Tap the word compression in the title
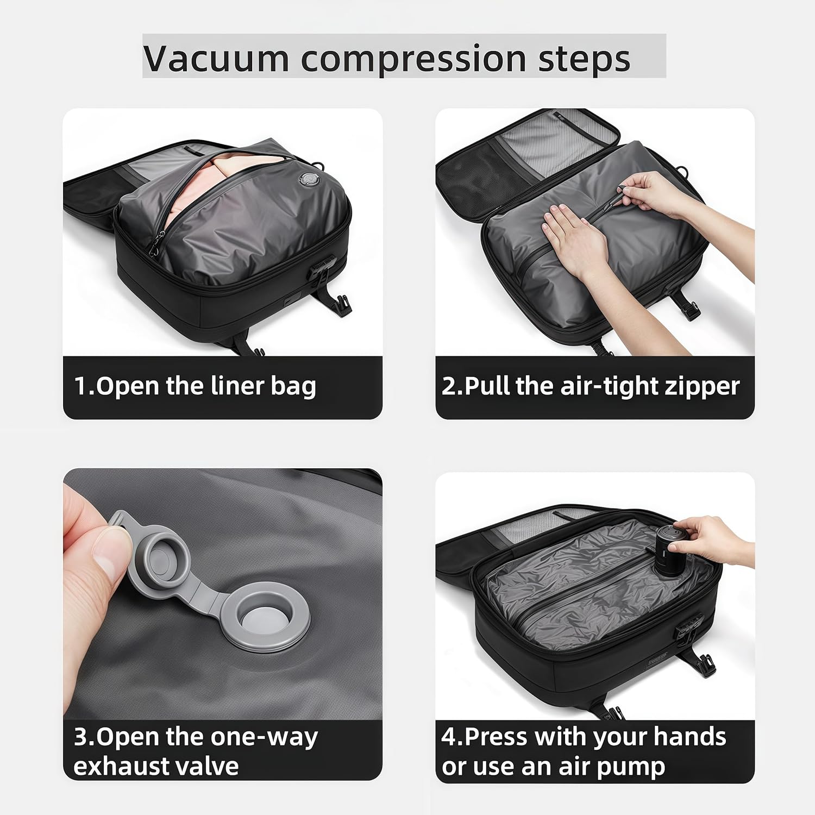point(413,59)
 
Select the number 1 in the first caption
point(79,386)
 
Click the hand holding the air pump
point(712,538)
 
